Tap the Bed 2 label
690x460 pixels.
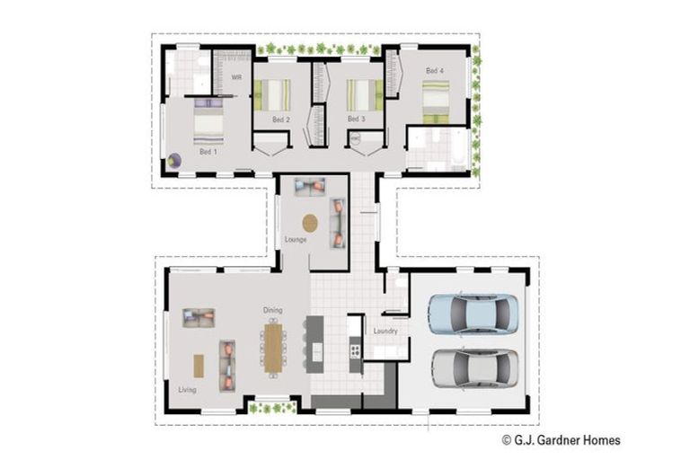(x=280, y=119)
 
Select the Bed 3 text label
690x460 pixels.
(x=356, y=119)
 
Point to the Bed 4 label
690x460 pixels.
(x=434, y=71)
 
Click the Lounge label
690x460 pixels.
(x=296, y=240)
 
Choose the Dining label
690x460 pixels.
(x=273, y=310)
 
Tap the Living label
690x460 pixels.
(x=187, y=389)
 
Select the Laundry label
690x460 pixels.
(x=386, y=332)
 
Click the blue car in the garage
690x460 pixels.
(x=473, y=314)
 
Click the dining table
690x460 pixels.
(x=272, y=345)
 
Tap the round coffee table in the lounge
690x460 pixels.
(x=310, y=222)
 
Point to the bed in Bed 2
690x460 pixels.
(x=272, y=93)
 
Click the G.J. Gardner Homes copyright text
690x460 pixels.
(x=561, y=440)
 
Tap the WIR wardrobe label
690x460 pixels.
(x=236, y=78)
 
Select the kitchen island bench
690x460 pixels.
(x=315, y=343)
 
